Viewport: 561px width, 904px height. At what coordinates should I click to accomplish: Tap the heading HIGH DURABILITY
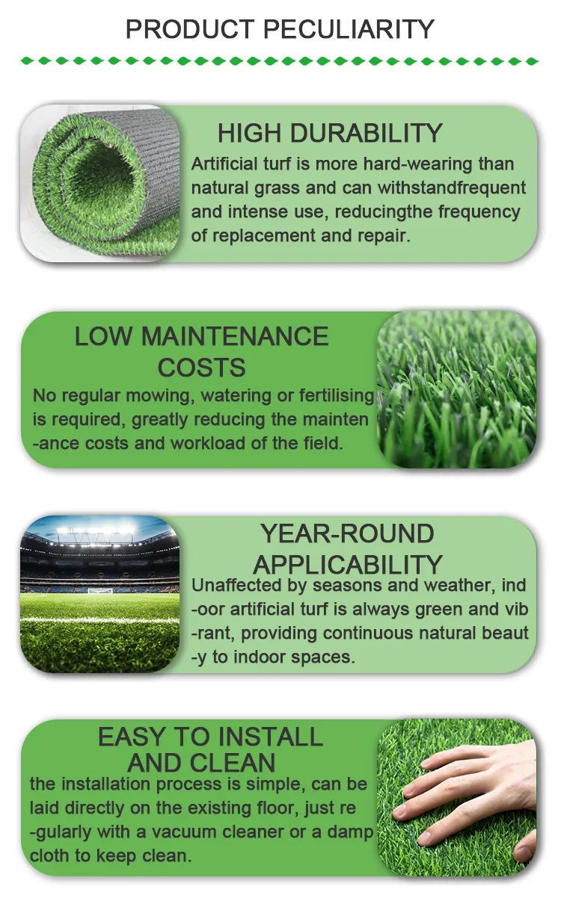click(x=330, y=133)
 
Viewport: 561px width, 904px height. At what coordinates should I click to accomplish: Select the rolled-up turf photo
click(x=101, y=183)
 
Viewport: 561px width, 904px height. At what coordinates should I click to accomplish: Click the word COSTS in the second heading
click(x=202, y=368)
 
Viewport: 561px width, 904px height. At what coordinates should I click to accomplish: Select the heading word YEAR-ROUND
click(x=347, y=534)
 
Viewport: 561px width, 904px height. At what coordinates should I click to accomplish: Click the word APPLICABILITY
click(x=347, y=565)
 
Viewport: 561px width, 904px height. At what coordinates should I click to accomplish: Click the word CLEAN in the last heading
click(x=232, y=763)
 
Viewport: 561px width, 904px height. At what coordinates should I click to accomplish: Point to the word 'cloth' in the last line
click(x=51, y=855)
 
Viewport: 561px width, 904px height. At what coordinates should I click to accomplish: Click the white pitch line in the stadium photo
click(x=99, y=621)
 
